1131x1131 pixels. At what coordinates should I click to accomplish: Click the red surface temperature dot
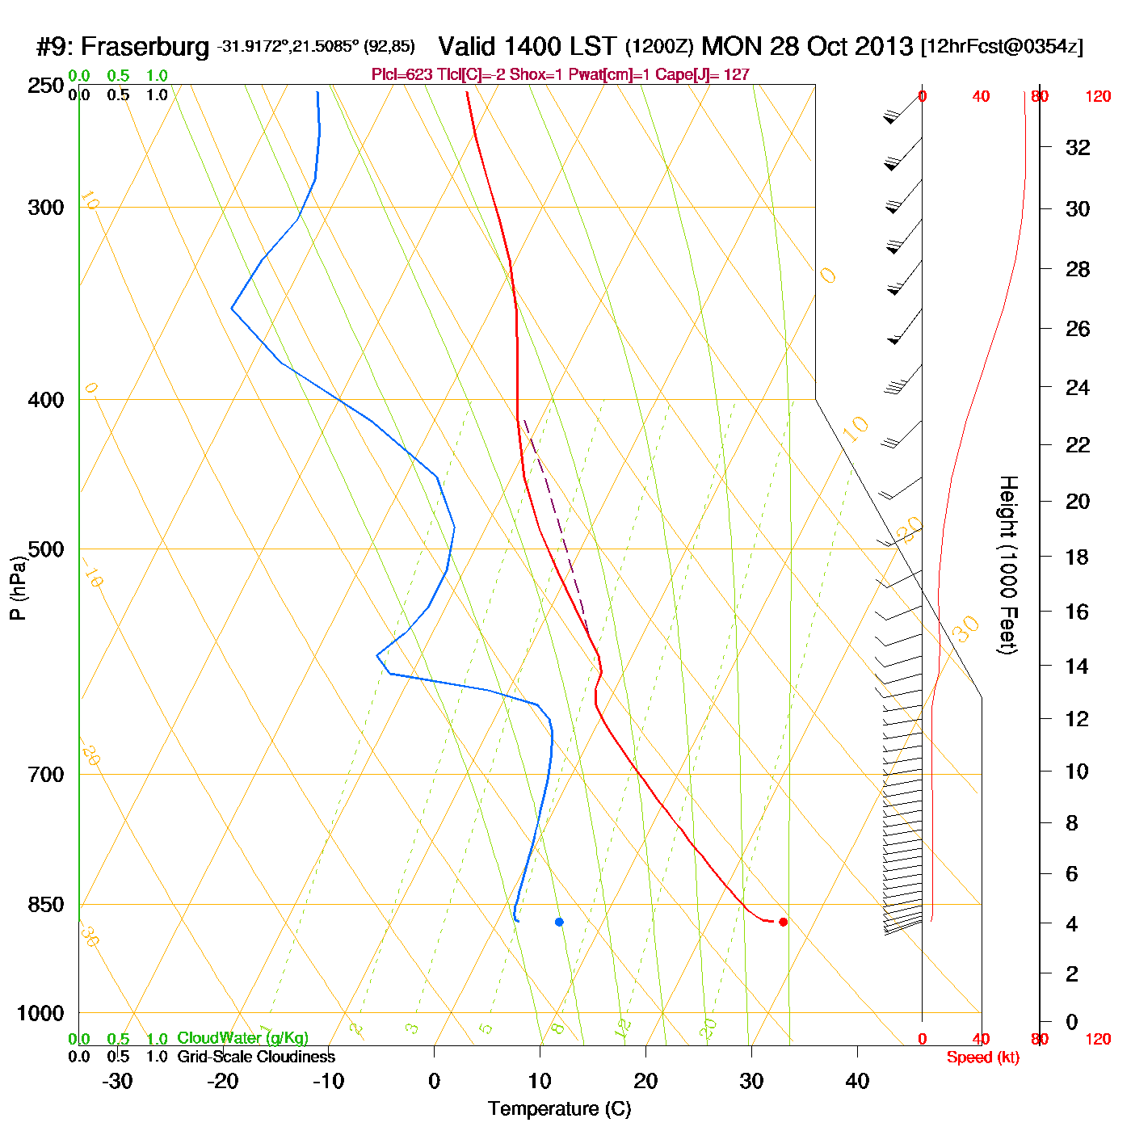coord(783,922)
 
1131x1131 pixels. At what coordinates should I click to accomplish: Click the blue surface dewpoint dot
coord(559,922)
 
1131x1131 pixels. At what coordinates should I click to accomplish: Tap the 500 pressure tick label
coord(46,550)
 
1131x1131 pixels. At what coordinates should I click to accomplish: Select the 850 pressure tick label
coord(46,905)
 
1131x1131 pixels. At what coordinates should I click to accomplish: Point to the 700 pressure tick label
coord(46,775)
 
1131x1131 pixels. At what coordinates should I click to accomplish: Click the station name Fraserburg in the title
coord(145,47)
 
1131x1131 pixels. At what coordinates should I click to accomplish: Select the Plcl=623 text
coord(402,75)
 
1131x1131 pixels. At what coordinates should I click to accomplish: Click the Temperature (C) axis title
coord(559,1109)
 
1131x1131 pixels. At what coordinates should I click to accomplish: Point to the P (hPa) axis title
coord(18,588)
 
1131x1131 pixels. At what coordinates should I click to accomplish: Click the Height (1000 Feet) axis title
coord(1008,565)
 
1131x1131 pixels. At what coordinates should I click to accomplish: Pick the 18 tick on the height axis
coord(1077,557)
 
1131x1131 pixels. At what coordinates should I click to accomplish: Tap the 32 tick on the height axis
coord(1078,147)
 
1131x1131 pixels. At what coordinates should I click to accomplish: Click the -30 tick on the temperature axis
coord(117,1081)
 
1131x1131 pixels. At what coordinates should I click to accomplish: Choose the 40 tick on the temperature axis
coord(857,1081)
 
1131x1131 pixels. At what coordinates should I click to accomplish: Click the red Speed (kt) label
coord(983,1057)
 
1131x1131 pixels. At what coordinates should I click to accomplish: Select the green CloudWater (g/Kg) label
coord(242,1038)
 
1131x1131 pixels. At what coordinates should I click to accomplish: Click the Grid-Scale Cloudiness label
coord(256,1057)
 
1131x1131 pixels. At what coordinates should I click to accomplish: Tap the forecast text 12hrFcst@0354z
coord(1002,47)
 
